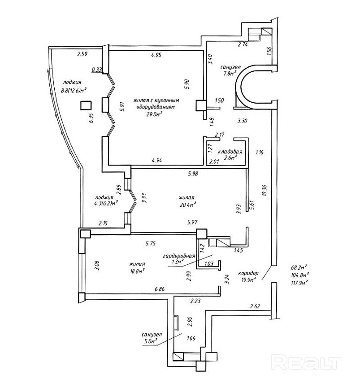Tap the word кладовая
click(x=230, y=152)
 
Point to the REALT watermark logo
click(x=306, y=363)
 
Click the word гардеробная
click(x=179, y=256)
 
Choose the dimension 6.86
click(x=160, y=289)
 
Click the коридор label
click(x=248, y=273)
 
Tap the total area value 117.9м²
click(x=299, y=282)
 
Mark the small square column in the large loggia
click(x=86, y=106)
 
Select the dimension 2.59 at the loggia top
click(x=82, y=54)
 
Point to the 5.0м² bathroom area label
click(x=151, y=341)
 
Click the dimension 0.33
click(x=96, y=70)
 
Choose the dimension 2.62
click(x=255, y=306)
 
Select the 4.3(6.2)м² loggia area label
click(x=106, y=204)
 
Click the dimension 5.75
click(x=151, y=243)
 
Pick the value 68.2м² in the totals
click(x=299, y=268)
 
